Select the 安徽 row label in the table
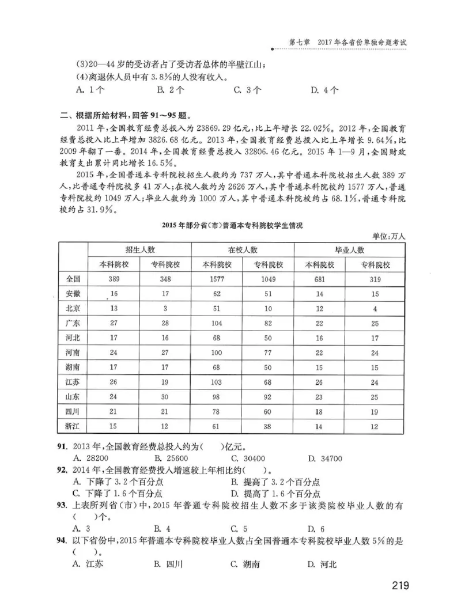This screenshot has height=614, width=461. [x=73, y=294]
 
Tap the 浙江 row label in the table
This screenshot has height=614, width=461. [x=73, y=426]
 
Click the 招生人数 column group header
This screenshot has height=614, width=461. [x=140, y=249]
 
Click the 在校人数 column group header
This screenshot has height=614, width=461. [x=243, y=249]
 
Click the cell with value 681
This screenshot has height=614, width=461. [x=319, y=279]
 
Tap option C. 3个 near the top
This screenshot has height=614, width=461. [x=248, y=89]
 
